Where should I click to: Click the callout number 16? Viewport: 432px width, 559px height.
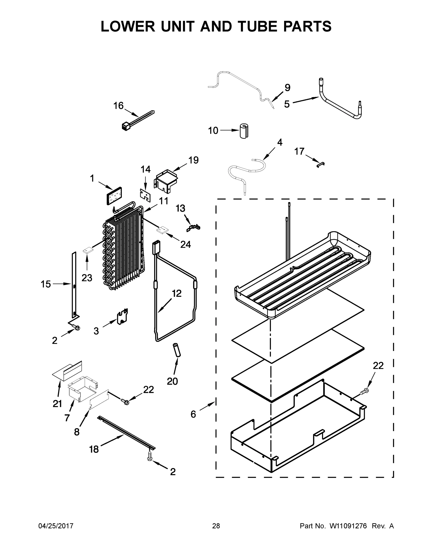[x=119, y=106]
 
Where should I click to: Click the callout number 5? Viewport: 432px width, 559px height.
[x=287, y=104]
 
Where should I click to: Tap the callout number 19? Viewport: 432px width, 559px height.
[x=194, y=160]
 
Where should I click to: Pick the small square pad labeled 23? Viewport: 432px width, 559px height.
[x=87, y=250]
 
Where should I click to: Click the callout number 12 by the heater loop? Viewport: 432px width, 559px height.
[x=177, y=293]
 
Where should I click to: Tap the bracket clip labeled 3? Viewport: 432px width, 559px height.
[x=122, y=316]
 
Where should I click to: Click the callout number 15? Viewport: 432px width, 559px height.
[x=46, y=284]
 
